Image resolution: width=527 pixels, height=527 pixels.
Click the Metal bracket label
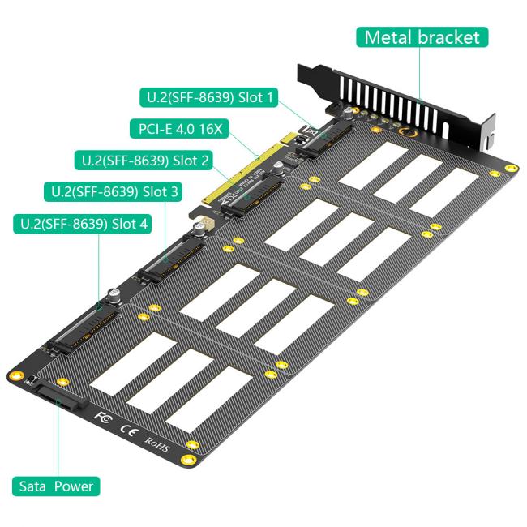pos(422,37)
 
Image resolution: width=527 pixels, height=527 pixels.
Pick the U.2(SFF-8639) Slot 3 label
pos(112,192)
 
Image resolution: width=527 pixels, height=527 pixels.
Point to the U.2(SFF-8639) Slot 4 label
pos(82,224)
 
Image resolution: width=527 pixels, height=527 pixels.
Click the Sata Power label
pos(57,486)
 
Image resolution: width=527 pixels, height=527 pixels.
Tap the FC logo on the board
pos(102,417)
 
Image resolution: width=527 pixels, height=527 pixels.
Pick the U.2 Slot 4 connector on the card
pos(79,331)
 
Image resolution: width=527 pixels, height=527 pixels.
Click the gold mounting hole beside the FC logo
pos(192,446)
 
